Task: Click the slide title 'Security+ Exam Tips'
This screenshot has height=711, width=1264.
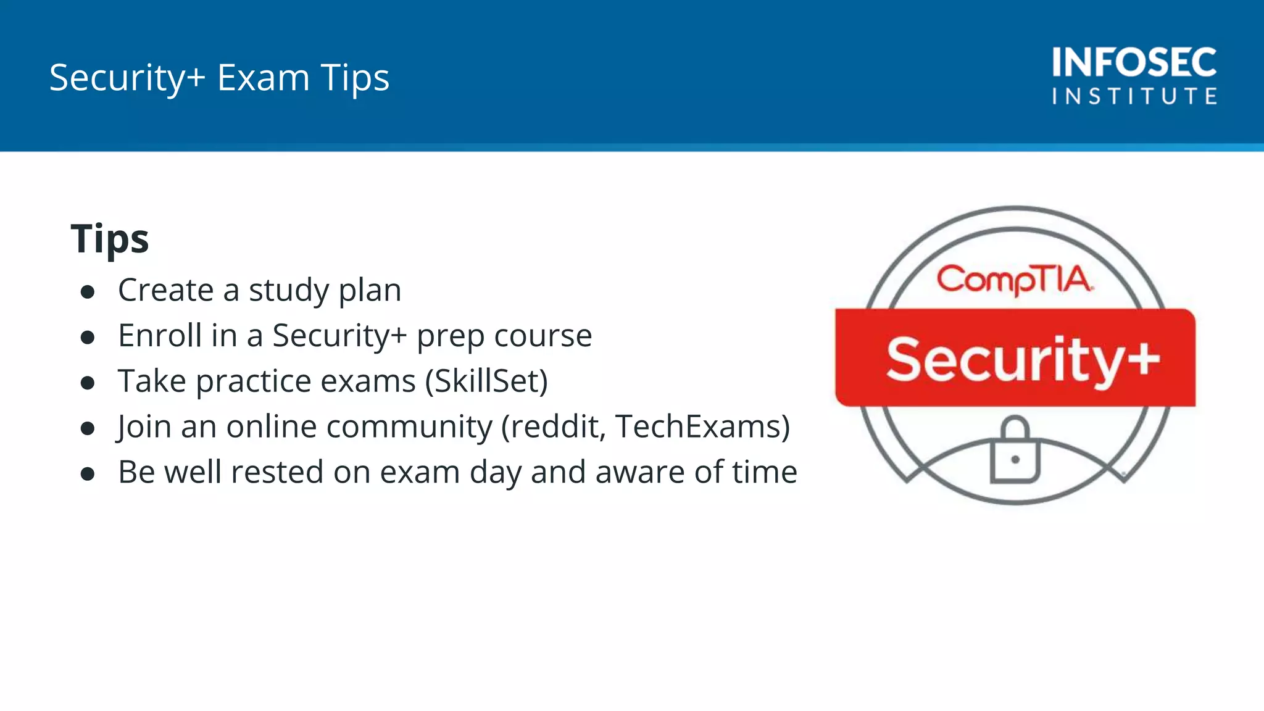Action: click(219, 78)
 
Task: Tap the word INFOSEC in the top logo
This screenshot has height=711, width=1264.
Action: click(1134, 62)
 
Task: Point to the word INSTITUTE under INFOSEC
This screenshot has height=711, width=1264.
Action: click(1134, 96)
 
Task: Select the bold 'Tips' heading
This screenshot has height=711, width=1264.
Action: click(110, 239)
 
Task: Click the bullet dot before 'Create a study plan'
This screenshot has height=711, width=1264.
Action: click(88, 291)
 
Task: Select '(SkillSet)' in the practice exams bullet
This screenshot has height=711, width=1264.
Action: click(486, 381)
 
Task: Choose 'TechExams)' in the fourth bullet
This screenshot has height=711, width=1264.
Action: click(702, 426)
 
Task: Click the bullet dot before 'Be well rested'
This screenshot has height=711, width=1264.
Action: click(88, 474)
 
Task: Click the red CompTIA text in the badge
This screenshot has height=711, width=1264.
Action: click(1015, 280)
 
